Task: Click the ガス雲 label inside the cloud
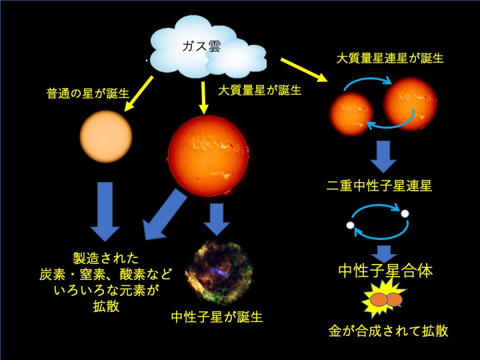[x=201, y=47]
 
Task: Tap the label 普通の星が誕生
[x=88, y=93]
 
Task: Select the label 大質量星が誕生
[x=260, y=90]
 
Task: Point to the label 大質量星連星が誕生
[x=390, y=58]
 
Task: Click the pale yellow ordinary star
[x=106, y=137]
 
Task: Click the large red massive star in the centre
[x=208, y=156]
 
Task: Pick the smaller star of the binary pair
[x=351, y=114]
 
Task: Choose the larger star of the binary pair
[x=410, y=104]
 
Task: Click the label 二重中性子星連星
[x=379, y=185]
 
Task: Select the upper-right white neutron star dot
[x=405, y=213]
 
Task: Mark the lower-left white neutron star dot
[x=350, y=225]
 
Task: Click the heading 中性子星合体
[x=386, y=271]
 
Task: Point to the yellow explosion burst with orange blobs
[x=384, y=298]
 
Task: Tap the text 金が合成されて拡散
[x=389, y=331]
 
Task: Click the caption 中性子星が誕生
[x=217, y=317]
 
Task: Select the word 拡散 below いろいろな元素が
[x=106, y=307]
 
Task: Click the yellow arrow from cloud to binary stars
[x=304, y=70]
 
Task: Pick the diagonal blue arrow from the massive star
[x=165, y=214]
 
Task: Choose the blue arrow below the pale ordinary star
[x=105, y=212]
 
